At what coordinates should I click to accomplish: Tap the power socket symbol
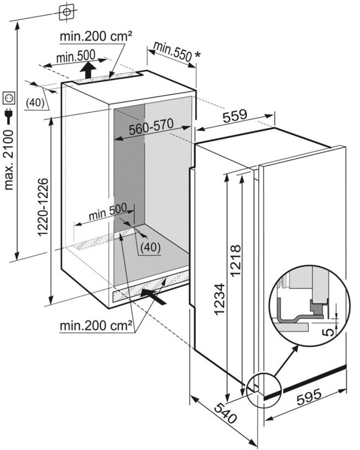[9, 98]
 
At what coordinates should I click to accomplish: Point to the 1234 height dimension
[219, 299]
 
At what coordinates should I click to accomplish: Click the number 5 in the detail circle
[328, 331]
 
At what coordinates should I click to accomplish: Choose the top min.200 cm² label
[96, 37]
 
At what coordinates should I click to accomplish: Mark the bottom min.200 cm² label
[96, 325]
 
